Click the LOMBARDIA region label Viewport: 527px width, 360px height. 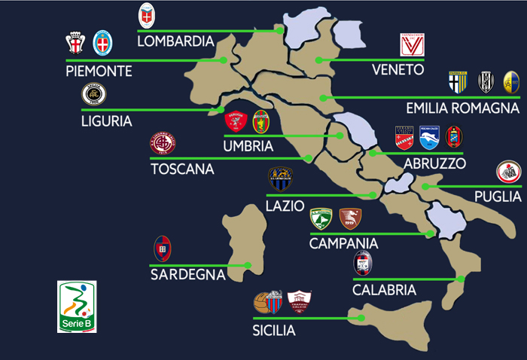pyautogui.click(x=175, y=41)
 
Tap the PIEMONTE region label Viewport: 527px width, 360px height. pyautogui.click(x=99, y=71)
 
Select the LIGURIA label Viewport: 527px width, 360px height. pyautogui.click(x=106, y=120)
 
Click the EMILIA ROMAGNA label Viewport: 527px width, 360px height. pyautogui.click(x=462, y=108)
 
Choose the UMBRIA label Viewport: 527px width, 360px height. pyautogui.click(x=248, y=146)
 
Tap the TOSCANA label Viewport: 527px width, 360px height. pyautogui.click(x=182, y=169)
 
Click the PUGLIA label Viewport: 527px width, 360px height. pyautogui.click(x=498, y=196)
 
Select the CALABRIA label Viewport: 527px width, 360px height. pyautogui.click(x=384, y=289)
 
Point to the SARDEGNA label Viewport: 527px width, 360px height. pyautogui.click(x=187, y=274)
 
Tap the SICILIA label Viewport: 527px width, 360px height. pyautogui.click(x=274, y=329)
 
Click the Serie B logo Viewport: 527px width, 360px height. pyautogui.click(x=77, y=307)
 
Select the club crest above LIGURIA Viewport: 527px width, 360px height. pyautogui.click(x=94, y=96)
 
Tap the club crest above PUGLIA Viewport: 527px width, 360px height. pyautogui.click(x=508, y=172)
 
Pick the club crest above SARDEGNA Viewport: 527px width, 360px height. pyautogui.click(x=163, y=247)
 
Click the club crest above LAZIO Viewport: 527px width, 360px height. pyautogui.click(x=281, y=179)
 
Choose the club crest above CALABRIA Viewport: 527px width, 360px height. pyautogui.click(x=363, y=263)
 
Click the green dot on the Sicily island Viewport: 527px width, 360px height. pyautogui.click(x=362, y=318)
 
